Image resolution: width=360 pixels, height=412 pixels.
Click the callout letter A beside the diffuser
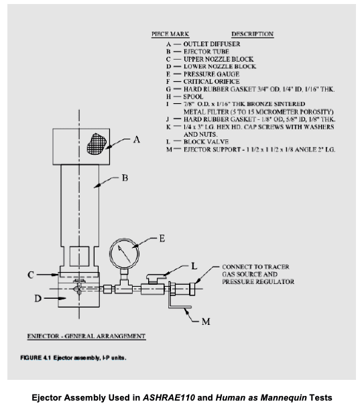click(137, 139)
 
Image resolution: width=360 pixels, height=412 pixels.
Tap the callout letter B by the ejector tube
click(125, 178)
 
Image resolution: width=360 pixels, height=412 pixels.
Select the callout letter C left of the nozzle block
click(31, 275)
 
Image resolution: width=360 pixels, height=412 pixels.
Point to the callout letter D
click(38, 299)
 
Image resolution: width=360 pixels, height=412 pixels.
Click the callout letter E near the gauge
click(162, 238)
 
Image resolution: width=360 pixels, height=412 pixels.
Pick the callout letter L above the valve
click(194, 266)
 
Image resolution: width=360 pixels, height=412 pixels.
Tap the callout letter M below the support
click(206, 322)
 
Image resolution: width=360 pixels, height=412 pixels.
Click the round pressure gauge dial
click(124, 253)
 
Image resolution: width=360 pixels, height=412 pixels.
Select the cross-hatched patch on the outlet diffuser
click(97, 144)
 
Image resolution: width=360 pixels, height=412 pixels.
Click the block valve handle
click(156, 277)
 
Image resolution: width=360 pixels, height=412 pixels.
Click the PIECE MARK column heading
click(170, 34)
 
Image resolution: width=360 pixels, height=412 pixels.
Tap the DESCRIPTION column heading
click(253, 34)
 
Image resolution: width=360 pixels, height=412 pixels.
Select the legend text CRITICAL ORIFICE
click(211, 82)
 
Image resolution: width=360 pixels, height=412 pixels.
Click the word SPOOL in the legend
click(193, 96)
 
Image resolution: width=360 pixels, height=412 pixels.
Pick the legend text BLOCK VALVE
click(206, 142)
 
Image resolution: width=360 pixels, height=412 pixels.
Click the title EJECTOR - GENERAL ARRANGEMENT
click(86, 336)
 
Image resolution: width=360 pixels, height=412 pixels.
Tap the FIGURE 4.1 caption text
click(73, 358)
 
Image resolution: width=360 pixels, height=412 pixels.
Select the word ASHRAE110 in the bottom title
click(169, 397)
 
